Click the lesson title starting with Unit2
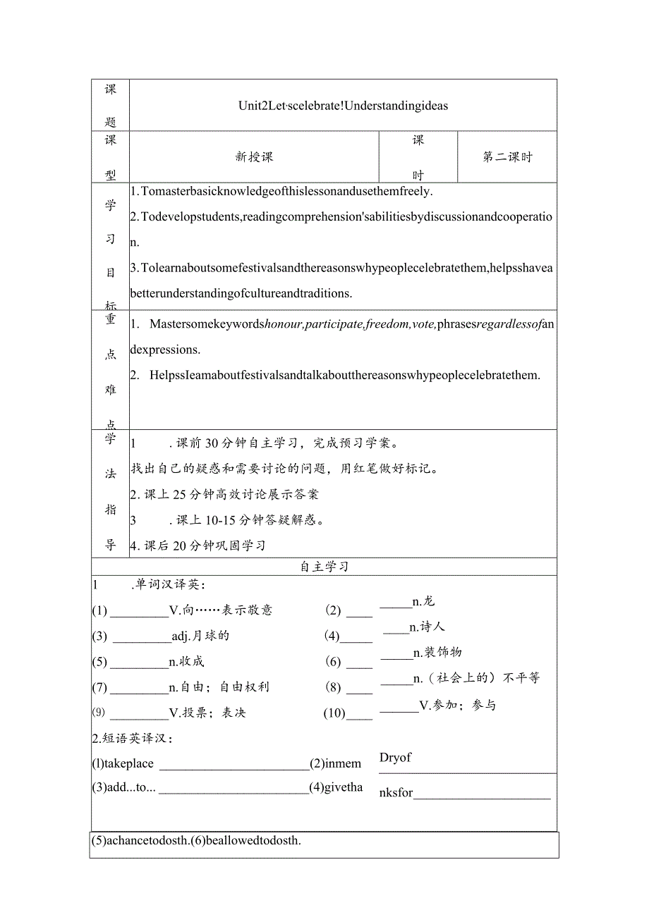343,106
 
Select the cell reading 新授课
254,157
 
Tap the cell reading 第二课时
507,157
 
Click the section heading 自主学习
324,567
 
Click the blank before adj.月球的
142,637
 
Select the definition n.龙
423,601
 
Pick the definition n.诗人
427,627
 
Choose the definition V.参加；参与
458,705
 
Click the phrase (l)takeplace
123,764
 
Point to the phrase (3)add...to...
123,788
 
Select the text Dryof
395,758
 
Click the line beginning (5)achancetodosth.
197,840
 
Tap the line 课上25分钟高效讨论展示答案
224,494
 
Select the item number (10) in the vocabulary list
334,713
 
